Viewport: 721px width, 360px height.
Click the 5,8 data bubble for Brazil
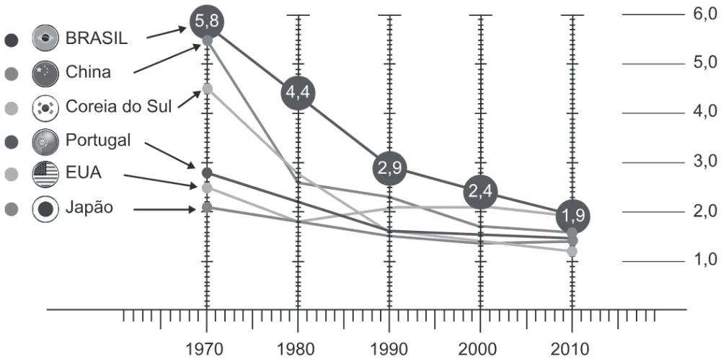[x=207, y=21]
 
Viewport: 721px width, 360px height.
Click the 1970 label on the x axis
[x=207, y=349]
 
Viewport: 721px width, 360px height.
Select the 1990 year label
[x=389, y=349]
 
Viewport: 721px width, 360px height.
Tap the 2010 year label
[x=572, y=349]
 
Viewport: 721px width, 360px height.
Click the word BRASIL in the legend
[x=97, y=38]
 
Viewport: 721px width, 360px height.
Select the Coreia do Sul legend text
[x=119, y=106]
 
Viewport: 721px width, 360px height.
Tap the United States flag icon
[x=45, y=175]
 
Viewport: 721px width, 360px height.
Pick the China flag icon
[x=45, y=72]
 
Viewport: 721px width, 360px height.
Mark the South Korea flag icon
[x=45, y=107]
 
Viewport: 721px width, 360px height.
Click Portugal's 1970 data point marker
[x=207, y=173]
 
